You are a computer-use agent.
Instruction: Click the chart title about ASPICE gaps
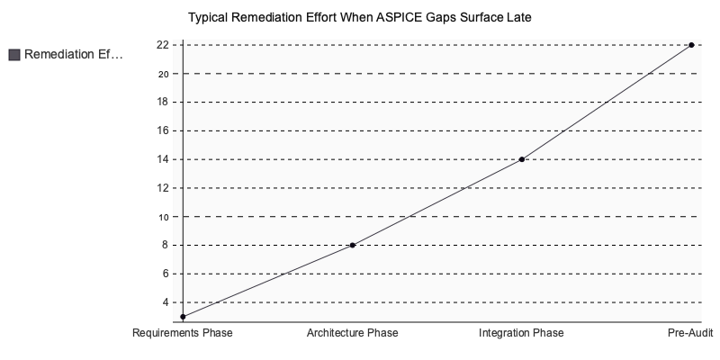360,17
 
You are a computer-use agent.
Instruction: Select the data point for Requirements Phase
183,317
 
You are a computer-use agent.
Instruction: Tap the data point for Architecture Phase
352,245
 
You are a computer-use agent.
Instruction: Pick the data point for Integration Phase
522,159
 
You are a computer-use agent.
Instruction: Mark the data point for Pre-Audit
691,45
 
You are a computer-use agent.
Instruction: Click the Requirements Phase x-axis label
183,333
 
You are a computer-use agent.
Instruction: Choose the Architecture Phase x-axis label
352,333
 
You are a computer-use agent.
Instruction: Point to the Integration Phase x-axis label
522,333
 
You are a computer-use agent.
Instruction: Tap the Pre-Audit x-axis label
690,333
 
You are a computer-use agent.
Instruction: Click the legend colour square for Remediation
13,55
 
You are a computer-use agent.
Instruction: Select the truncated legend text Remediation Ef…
73,55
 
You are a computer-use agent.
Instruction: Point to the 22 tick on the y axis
162,45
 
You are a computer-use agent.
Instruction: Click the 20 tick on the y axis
162,74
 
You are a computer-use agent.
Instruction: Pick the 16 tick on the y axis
162,130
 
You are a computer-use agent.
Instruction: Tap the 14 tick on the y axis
162,159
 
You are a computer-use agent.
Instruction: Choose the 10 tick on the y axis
162,217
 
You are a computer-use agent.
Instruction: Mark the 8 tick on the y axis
165,245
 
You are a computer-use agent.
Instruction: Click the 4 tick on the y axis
165,302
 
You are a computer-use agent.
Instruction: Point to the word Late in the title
519,17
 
